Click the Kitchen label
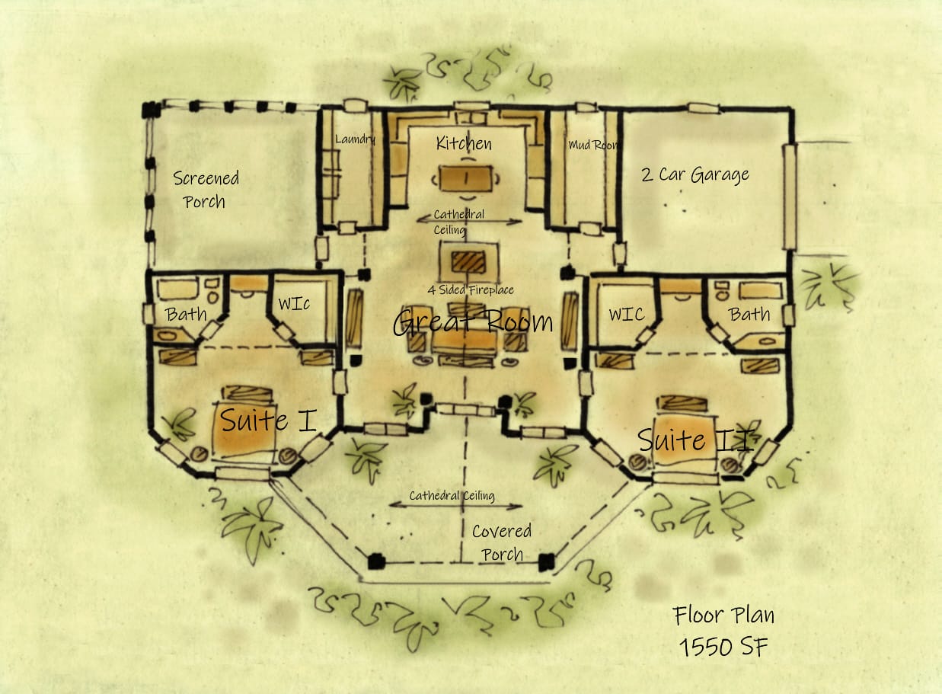click(x=464, y=143)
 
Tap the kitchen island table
click(x=465, y=179)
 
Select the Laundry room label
click(x=356, y=139)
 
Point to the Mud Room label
click(x=594, y=145)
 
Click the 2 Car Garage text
click(x=695, y=175)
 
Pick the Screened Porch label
click(x=206, y=190)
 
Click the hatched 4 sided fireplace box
click(x=468, y=261)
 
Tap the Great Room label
click(x=473, y=322)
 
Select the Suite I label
click(x=268, y=420)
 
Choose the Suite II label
click(x=695, y=440)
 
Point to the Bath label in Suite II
click(x=749, y=314)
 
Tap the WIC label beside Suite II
click(x=626, y=314)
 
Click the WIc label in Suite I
click(x=293, y=304)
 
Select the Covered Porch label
click(x=502, y=542)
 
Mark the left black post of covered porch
click(x=375, y=562)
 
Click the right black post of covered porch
click(x=546, y=562)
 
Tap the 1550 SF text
click(x=723, y=647)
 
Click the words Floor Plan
click(x=723, y=615)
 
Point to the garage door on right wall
click(x=790, y=197)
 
